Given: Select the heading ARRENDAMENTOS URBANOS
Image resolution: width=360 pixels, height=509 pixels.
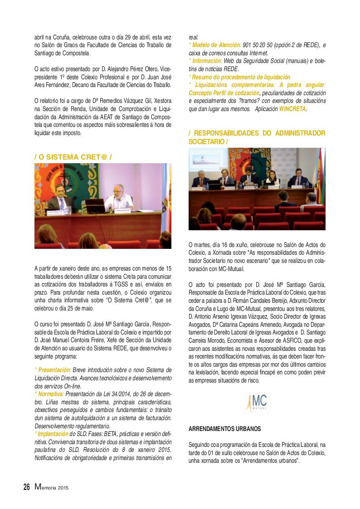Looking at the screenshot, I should [x=224, y=428].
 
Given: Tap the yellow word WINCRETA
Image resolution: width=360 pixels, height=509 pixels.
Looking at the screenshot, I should [x=292, y=109].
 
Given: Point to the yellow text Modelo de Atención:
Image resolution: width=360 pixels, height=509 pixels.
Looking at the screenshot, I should [x=214, y=45].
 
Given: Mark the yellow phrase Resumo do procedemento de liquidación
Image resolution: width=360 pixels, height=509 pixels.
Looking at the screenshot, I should [x=240, y=78].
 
